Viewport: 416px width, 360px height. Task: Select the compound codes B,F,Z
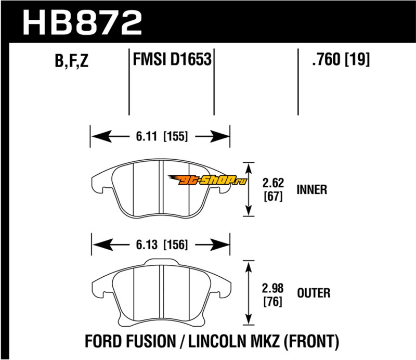pos(71,62)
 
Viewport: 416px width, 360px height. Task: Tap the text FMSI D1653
pos(172,61)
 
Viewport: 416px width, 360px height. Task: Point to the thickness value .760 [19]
pos(340,61)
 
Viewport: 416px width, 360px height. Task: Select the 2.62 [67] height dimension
pos(273,190)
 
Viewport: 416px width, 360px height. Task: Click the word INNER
pos(311,189)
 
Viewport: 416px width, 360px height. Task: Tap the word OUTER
pos(313,293)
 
